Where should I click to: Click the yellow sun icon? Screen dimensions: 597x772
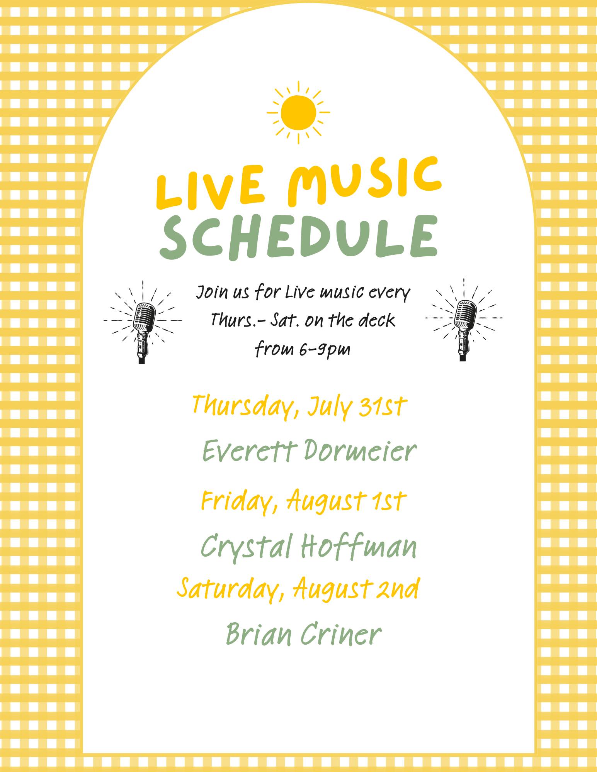pyautogui.click(x=298, y=112)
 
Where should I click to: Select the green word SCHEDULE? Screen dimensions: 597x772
pyautogui.click(x=299, y=237)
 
